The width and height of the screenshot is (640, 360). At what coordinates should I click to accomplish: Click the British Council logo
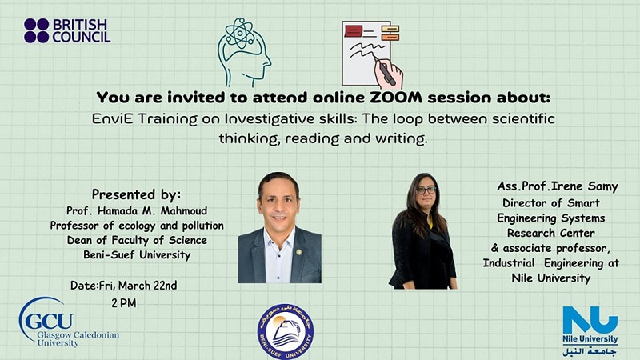point(67,30)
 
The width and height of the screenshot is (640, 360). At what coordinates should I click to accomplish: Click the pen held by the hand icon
point(385,70)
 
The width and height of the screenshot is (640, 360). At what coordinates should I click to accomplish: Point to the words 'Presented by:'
point(136,194)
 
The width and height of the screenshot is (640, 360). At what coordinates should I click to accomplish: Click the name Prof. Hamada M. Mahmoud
point(137,210)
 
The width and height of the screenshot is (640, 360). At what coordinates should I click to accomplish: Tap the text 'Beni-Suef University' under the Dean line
point(137,255)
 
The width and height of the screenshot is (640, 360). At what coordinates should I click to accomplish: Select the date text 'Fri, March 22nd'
point(138,286)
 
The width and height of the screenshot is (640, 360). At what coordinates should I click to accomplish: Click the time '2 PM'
point(124,303)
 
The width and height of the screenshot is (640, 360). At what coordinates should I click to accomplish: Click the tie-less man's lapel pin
point(298,252)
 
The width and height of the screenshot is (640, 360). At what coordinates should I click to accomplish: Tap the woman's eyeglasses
point(426,190)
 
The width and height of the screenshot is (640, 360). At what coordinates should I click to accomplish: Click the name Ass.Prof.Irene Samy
point(557,186)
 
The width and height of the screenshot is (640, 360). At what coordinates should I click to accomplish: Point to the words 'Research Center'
point(550,233)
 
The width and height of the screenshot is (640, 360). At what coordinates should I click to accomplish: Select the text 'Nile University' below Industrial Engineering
point(550,278)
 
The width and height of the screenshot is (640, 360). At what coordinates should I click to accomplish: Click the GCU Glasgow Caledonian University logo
point(69,322)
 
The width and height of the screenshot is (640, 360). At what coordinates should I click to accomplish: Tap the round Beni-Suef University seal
point(286,331)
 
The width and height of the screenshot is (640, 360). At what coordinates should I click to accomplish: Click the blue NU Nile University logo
point(590,330)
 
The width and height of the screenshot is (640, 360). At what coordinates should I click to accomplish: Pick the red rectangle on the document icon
point(353,31)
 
